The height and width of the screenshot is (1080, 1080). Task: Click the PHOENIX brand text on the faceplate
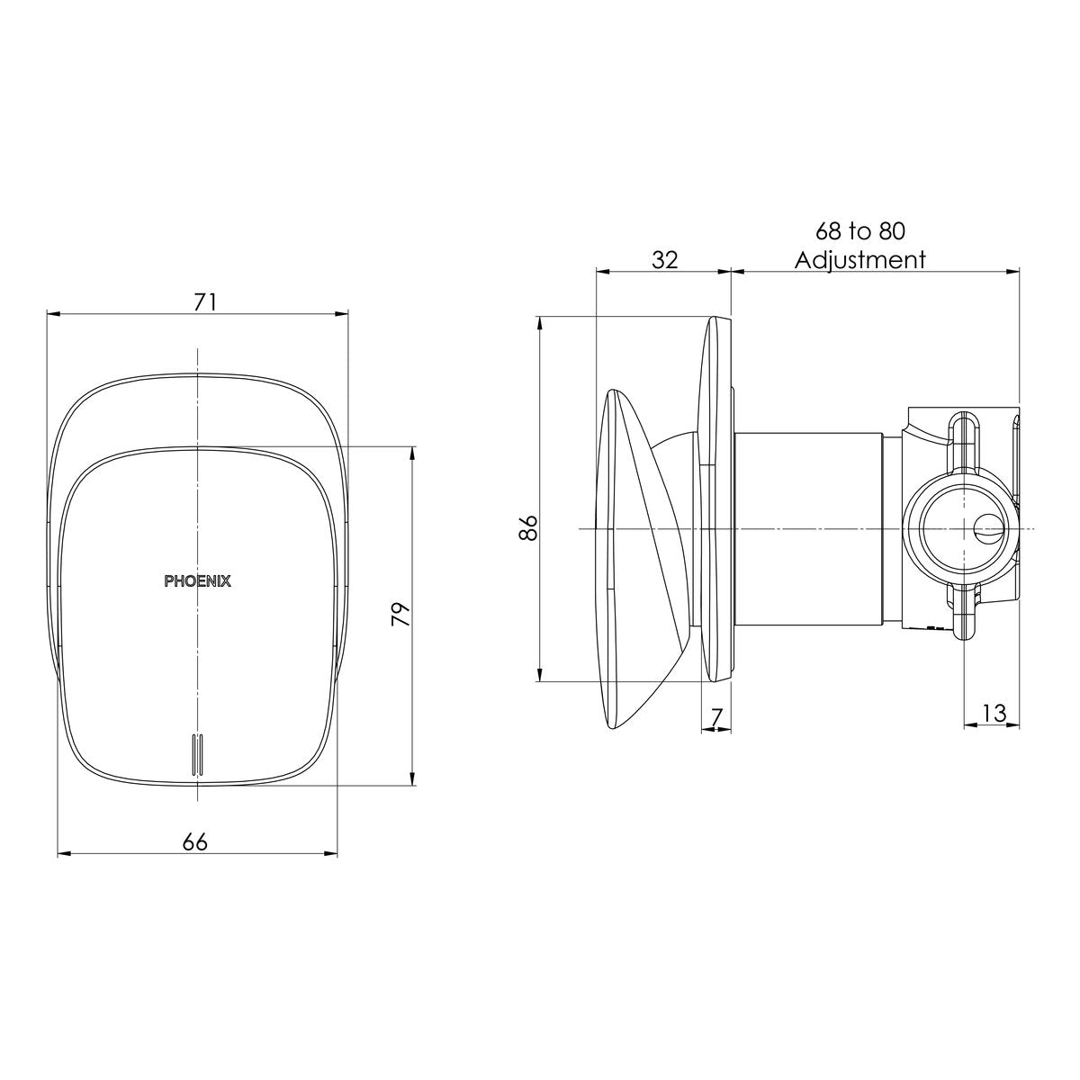pos(197,581)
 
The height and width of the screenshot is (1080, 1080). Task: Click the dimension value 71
pos(204,303)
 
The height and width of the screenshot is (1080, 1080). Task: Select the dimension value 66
pos(195,842)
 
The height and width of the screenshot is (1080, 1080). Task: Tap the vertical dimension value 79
pos(401,615)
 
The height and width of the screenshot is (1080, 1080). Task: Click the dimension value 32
pos(665,259)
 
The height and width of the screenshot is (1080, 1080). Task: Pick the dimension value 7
pos(717,717)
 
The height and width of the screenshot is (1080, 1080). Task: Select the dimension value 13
pos(994,714)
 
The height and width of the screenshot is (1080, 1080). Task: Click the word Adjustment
pos(860,260)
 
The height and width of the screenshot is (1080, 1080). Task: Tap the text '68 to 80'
pos(860,231)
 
